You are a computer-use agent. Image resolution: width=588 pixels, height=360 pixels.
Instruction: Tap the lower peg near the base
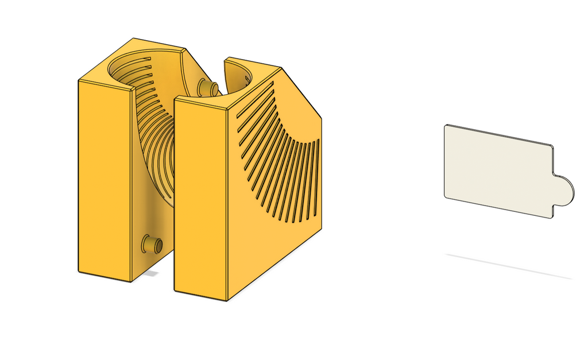[153, 245]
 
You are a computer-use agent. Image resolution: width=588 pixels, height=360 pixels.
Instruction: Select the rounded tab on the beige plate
[562, 188]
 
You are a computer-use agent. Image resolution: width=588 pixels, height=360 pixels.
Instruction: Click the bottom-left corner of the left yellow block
[79, 272]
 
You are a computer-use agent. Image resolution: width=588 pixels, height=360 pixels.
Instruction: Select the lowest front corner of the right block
[227, 301]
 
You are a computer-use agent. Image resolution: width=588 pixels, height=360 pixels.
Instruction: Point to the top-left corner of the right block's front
[175, 99]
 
